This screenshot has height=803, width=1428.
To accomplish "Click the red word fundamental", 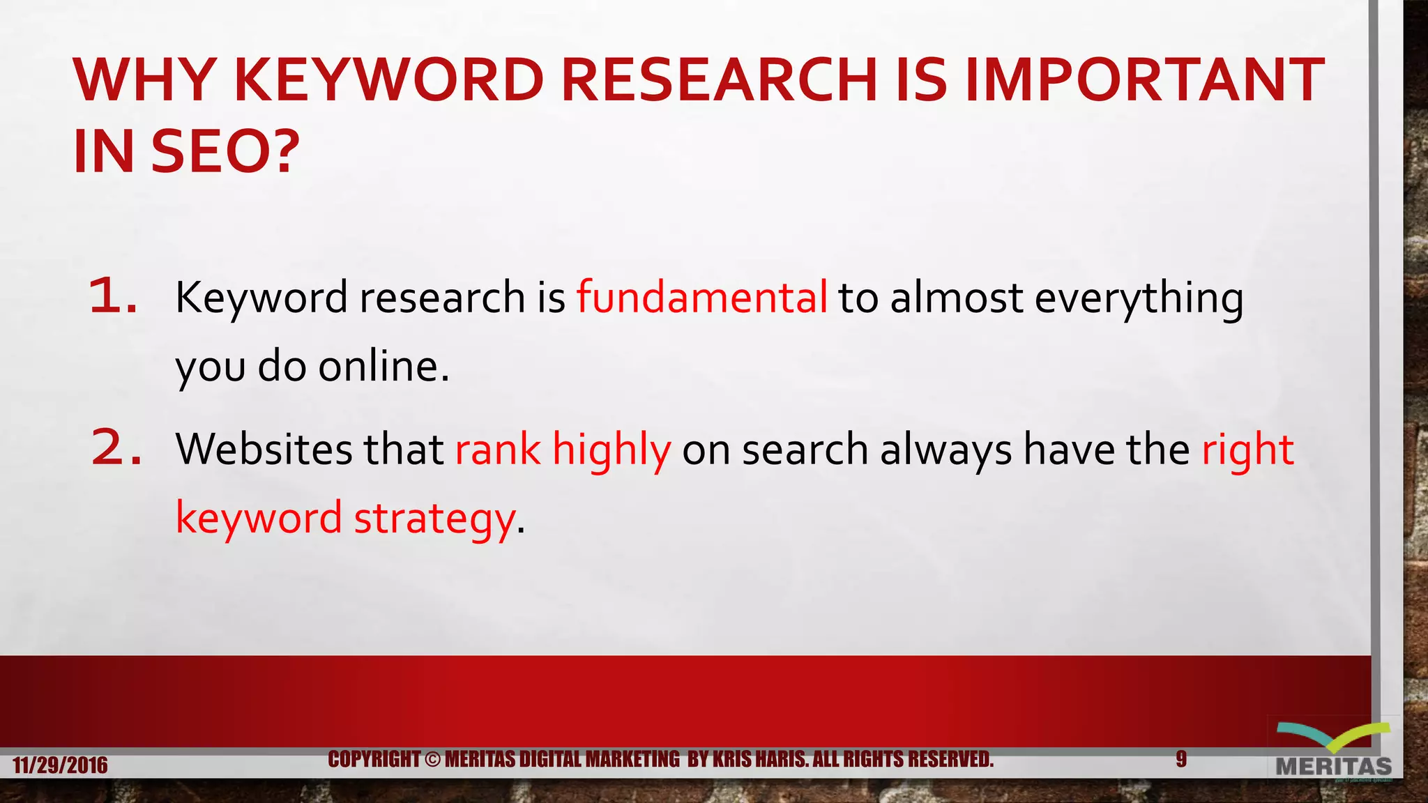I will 701,297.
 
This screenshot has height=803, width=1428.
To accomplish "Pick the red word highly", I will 612,450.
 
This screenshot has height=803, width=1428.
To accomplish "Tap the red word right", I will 1247,450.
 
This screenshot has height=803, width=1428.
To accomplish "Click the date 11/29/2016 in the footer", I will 60,765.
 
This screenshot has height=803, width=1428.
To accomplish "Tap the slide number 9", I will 1181,759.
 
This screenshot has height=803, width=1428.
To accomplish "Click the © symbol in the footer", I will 432,759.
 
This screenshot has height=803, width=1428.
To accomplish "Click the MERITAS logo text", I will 1333,767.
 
